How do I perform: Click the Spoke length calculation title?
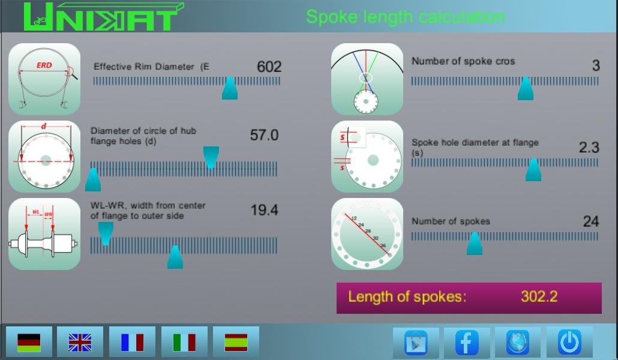(405, 16)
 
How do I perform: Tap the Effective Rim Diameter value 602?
(269, 67)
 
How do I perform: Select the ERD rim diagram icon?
(44, 79)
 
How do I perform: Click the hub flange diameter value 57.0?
(264, 136)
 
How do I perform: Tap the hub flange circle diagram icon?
(44, 157)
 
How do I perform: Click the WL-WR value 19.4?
(264, 210)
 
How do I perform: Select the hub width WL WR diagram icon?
(44, 234)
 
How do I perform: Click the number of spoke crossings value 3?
(595, 65)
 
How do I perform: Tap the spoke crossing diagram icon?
(367, 79)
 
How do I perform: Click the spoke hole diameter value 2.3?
(589, 147)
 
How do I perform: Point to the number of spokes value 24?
(590, 221)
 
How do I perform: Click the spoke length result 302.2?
(539, 296)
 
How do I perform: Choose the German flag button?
(29, 342)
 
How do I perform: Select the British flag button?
(80, 342)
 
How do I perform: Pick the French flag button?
(132, 342)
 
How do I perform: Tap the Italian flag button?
(184, 342)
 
